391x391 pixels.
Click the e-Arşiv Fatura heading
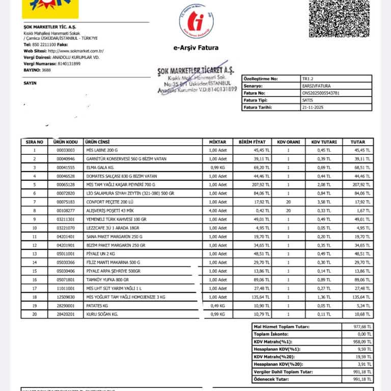[196, 48]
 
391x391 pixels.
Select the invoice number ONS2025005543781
[321, 93]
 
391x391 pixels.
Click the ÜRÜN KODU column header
[66, 142]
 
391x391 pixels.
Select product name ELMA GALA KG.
[101, 167]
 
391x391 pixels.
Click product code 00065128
[66, 184]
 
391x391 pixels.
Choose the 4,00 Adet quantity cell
[217, 210]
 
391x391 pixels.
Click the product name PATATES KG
[98, 305]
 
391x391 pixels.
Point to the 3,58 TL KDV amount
[322, 202]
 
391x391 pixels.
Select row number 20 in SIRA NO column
[35, 314]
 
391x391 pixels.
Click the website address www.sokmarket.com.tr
[76, 51]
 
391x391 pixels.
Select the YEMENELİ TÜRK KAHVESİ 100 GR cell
[117, 219]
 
